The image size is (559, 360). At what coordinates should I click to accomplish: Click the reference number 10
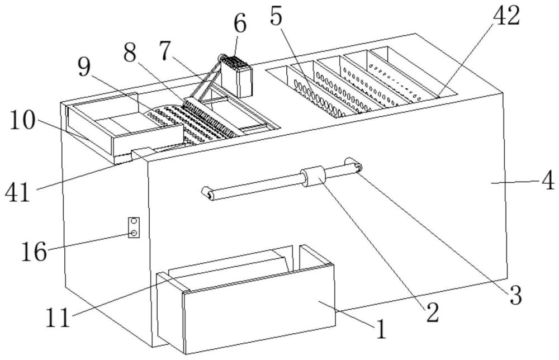(21, 121)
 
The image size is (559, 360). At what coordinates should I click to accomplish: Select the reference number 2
(431, 312)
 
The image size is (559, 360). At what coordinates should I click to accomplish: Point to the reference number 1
(380, 330)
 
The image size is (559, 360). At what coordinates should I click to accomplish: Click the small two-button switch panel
(134, 227)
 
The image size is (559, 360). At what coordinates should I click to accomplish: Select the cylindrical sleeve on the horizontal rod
(314, 178)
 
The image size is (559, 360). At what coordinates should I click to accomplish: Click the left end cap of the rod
(208, 195)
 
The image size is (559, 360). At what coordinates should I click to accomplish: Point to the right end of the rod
(354, 164)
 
